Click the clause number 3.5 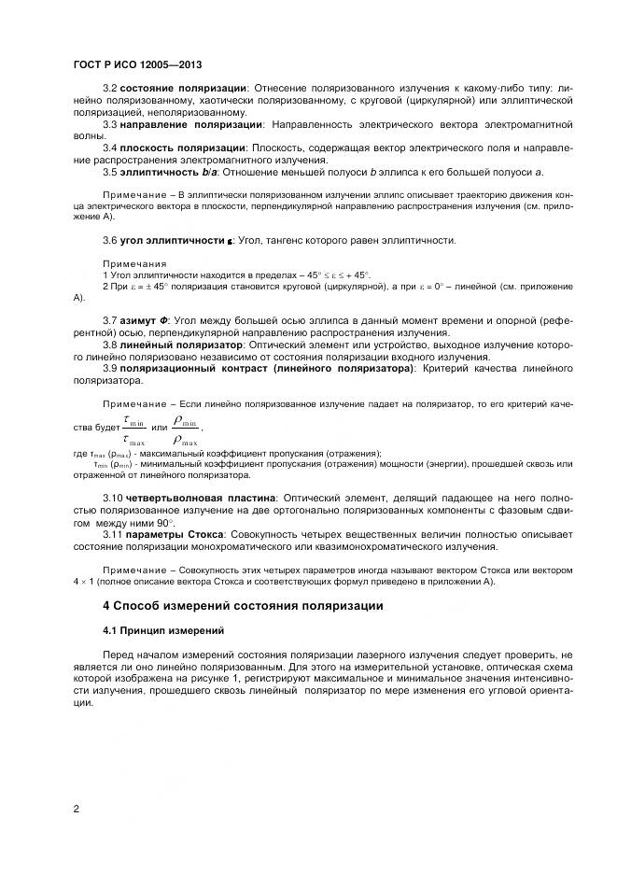coord(109,172)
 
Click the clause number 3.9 coord(109,369)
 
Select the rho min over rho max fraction coord(186,430)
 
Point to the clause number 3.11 coord(112,536)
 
